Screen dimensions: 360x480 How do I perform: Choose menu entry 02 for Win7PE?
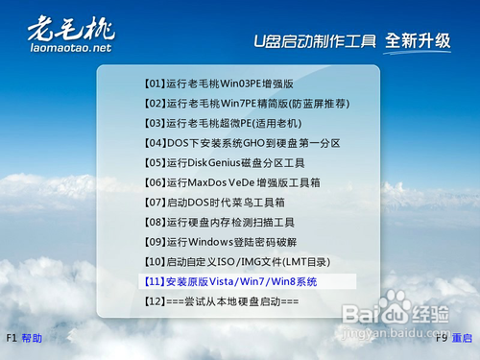[x=246, y=103]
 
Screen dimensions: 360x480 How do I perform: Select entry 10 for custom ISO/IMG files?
[x=235, y=262]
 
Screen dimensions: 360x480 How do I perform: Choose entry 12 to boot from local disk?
[x=221, y=301]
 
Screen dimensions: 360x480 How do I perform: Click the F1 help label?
[x=25, y=339]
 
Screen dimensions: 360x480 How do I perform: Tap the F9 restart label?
[x=454, y=339]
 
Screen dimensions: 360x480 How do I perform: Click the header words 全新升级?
[x=418, y=41]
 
